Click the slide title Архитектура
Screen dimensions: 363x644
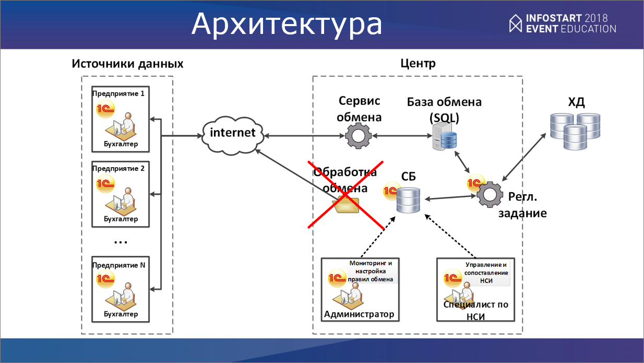(287, 24)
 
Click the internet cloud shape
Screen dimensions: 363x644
(232, 132)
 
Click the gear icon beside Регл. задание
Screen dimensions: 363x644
(489, 195)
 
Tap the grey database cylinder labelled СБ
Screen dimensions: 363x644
(408, 200)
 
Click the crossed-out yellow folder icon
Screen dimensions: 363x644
(347, 204)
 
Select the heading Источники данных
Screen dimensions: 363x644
(127, 64)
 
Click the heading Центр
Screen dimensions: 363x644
(418, 64)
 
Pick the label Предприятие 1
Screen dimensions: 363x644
(118, 93)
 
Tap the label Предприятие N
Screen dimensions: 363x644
(119, 265)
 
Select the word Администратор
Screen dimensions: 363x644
(359, 314)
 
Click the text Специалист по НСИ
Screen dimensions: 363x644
(475, 309)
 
